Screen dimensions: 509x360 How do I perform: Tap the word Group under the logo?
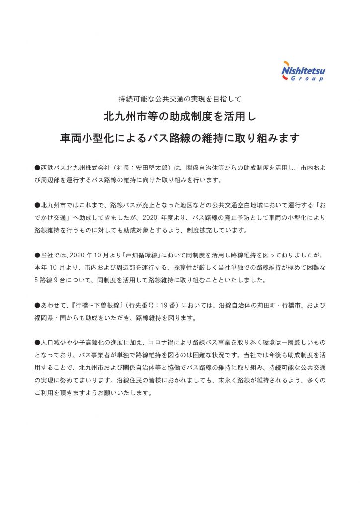[307, 79]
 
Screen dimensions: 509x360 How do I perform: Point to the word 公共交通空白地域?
[227, 205]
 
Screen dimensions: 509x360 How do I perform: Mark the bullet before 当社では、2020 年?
[37, 255]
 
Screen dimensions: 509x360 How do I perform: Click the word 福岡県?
[46, 317]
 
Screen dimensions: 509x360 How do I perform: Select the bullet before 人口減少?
[37, 343]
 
